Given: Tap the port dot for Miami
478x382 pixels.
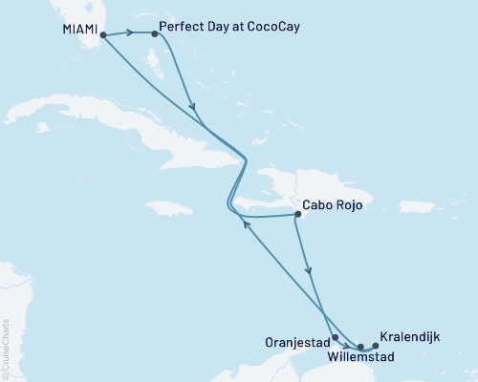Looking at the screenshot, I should click(103, 35).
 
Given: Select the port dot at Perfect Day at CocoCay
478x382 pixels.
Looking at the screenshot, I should click(155, 32).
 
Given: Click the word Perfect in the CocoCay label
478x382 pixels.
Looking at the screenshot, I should click(182, 27).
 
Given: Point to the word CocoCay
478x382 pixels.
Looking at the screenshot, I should click(272, 27).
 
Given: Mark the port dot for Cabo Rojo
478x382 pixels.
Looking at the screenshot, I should click(296, 215).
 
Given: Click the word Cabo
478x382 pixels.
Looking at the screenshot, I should click(316, 204).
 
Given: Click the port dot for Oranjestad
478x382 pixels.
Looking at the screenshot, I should click(335, 337).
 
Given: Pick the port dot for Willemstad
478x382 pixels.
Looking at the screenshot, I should click(360, 346).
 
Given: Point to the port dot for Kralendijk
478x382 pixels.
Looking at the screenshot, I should click(375, 345).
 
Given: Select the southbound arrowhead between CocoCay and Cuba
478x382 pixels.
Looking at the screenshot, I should click(194, 106).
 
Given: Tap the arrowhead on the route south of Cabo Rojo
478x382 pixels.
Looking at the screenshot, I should click(308, 272).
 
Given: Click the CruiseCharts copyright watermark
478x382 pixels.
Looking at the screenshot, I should click(7, 345).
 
